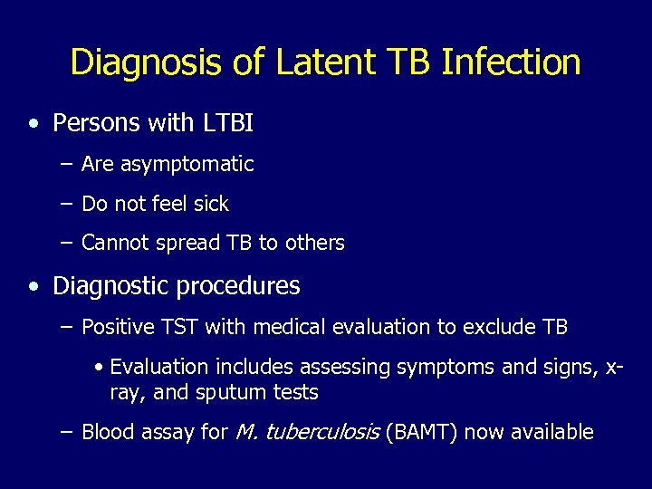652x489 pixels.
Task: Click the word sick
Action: [x=209, y=204]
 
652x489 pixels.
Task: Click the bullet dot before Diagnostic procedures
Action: [x=34, y=287]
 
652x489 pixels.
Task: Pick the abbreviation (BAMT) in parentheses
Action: [x=425, y=432]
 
